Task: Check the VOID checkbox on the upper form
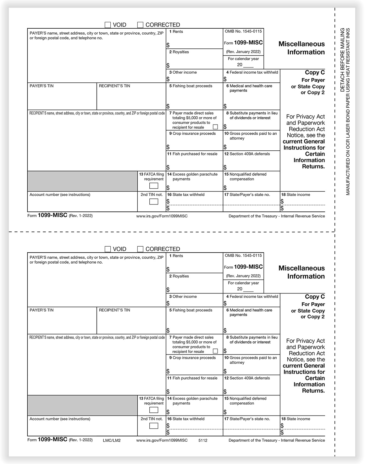tap(108, 25)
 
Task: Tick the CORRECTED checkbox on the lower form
tap(140, 249)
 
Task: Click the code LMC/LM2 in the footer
tap(112, 440)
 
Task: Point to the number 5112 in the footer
tap(203, 440)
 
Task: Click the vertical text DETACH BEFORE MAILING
tap(342, 60)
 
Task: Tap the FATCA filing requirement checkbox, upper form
tap(154, 186)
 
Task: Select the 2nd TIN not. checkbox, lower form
tap(154, 426)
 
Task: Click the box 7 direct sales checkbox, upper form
tap(215, 127)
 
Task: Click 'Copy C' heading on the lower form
tap(315, 297)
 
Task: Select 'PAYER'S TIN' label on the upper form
tap(41, 86)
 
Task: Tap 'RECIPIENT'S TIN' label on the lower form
tap(114, 310)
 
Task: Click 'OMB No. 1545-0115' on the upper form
tap(243, 31)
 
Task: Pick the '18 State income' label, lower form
tap(296, 419)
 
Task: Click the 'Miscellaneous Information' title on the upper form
tap(301, 48)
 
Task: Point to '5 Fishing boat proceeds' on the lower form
tap(191, 310)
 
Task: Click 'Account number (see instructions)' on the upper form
tap(60, 195)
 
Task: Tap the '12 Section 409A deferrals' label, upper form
tap(247, 154)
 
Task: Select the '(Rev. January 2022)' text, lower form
tap(243, 276)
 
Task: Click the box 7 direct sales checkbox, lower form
tap(215, 351)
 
